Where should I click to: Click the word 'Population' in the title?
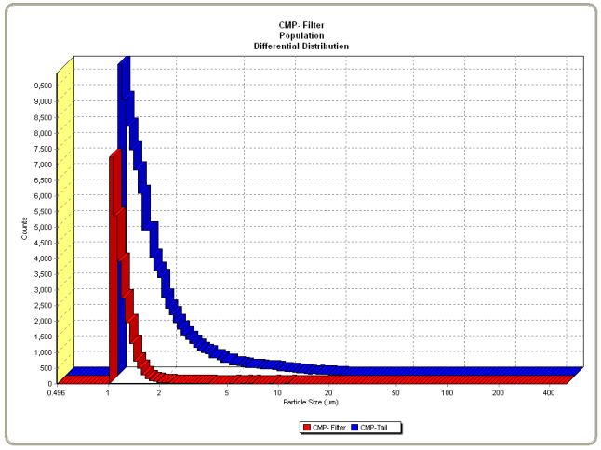(300, 36)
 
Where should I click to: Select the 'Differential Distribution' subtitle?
(300, 46)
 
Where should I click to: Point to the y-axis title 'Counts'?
(24, 228)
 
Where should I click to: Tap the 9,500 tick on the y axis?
(42, 86)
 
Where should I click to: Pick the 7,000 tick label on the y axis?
(42, 165)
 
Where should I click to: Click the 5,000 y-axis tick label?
(42, 227)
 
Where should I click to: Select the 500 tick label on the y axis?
(46, 368)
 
